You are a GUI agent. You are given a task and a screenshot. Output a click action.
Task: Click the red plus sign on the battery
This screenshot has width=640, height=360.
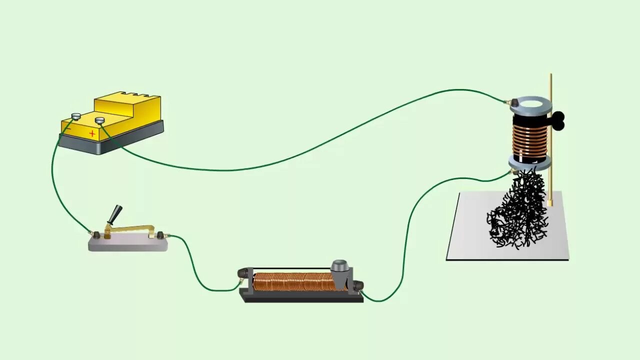92,133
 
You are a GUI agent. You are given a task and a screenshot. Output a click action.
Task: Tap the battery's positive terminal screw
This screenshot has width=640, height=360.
99,120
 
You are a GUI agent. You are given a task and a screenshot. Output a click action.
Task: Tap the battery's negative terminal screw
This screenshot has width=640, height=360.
76,116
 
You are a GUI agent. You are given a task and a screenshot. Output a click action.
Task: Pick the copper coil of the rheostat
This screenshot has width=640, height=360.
292,282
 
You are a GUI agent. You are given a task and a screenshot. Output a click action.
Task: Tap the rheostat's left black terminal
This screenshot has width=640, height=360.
243,273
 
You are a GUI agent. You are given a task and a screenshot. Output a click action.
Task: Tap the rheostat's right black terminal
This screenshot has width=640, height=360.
357,285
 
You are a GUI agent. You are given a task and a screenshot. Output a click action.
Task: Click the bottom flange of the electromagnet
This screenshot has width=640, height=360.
530,162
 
